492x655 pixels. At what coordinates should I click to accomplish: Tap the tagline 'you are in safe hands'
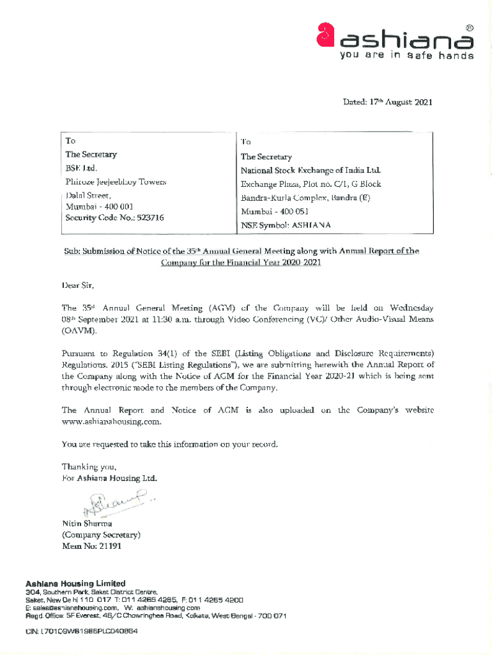pyautogui.click(x=407, y=56)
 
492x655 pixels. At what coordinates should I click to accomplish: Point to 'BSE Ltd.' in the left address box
pyautogui.click(x=81, y=168)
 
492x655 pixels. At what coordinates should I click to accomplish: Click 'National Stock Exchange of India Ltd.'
pyautogui.click(x=311, y=170)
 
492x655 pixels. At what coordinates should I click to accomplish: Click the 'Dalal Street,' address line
pyautogui.click(x=89, y=196)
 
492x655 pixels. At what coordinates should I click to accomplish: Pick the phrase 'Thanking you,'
pyautogui.click(x=89, y=466)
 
